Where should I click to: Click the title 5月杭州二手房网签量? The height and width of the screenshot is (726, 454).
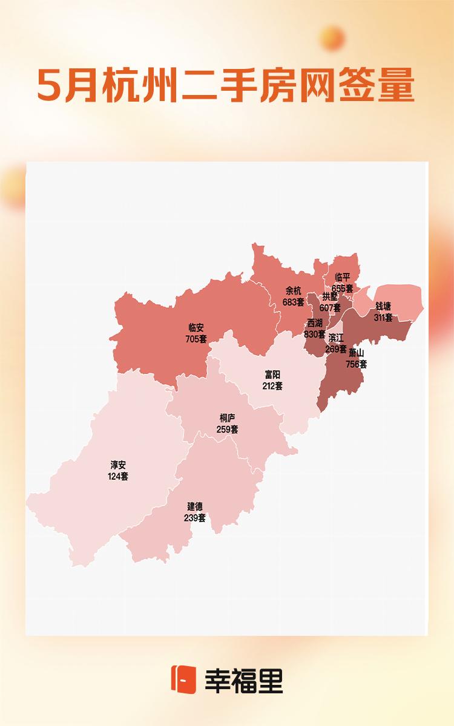click(226, 85)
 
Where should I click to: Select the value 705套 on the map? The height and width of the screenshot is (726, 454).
click(196, 339)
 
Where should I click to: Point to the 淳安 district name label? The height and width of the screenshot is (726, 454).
click(118, 466)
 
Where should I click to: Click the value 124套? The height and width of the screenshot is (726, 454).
click(118, 476)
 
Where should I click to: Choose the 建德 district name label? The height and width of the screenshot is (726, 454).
click(195, 506)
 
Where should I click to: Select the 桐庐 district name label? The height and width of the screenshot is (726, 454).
click(228, 418)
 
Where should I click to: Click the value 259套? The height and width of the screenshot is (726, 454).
click(228, 429)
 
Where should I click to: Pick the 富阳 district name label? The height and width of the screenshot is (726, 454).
click(272, 375)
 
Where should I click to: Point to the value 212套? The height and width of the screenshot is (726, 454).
click(272, 385)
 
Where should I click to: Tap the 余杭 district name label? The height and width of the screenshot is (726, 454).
click(293, 290)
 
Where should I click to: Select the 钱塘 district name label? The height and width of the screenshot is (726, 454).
click(383, 307)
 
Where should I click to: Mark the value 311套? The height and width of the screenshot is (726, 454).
click(383, 317)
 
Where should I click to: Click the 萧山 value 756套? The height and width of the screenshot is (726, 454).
click(356, 364)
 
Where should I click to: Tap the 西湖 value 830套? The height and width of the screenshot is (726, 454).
click(315, 334)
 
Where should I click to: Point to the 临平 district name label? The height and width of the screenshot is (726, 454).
click(343, 278)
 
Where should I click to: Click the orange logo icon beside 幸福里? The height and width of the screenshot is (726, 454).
click(183, 679)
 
